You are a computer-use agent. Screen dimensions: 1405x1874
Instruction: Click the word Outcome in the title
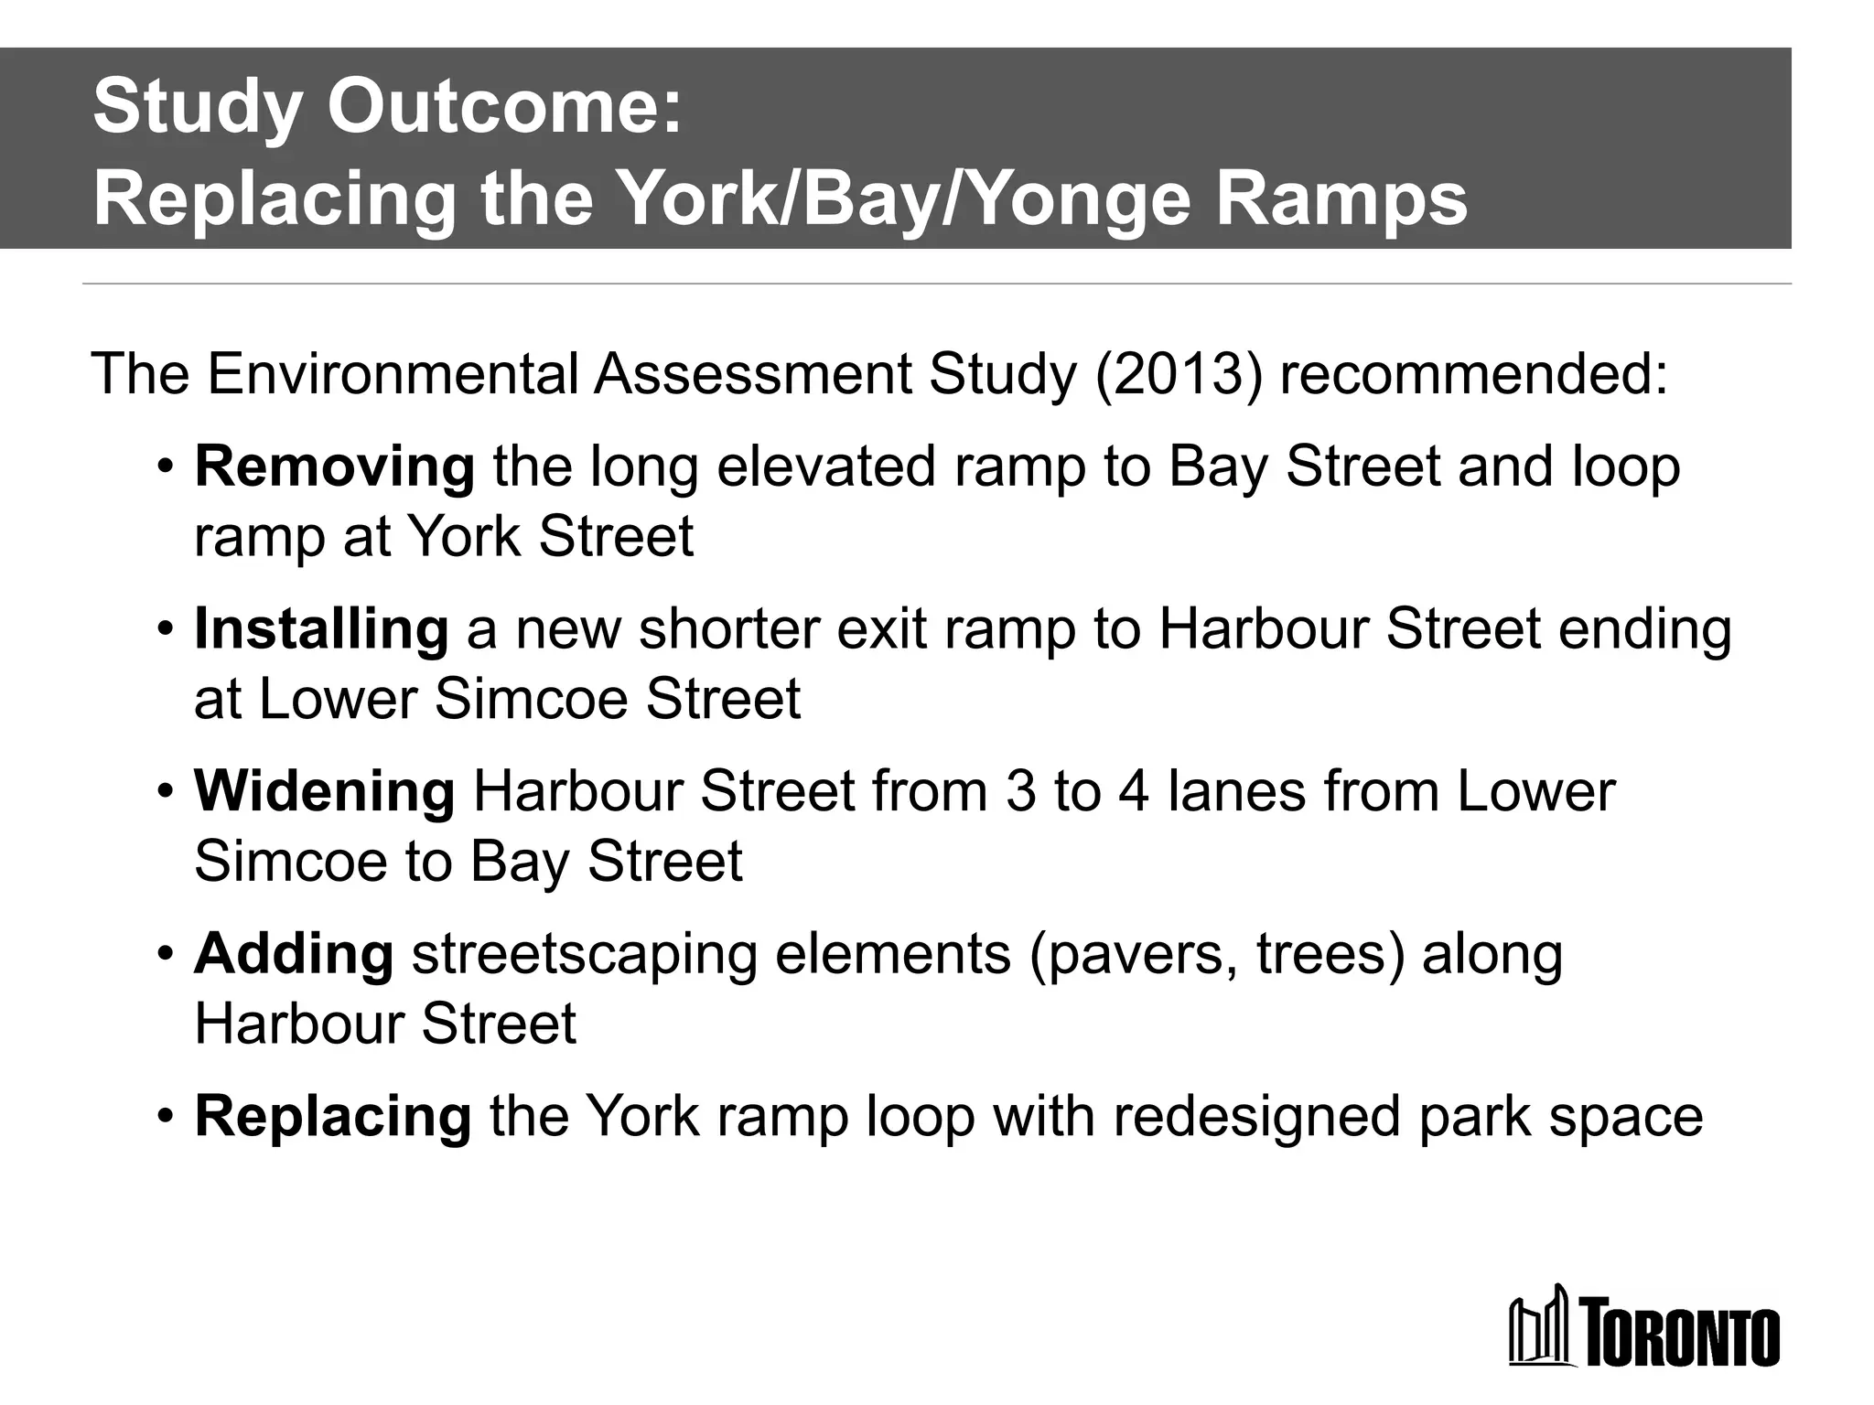(x=505, y=107)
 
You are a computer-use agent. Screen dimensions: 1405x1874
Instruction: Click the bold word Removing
(x=334, y=467)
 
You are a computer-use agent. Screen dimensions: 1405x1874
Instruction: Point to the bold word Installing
(x=321, y=629)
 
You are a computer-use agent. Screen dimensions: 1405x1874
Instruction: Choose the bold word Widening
(x=324, y=791)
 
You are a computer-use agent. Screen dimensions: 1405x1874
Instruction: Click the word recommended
(x=1473, y=374)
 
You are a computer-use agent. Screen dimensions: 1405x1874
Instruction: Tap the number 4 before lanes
(x=1133, y=791)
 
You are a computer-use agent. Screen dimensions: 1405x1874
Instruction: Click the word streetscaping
(x=584, y=955)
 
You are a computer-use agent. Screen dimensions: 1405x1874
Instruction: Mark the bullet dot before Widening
(x=165, y=791)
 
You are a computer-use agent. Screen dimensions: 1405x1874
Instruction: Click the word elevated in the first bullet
(x=826, y=467)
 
